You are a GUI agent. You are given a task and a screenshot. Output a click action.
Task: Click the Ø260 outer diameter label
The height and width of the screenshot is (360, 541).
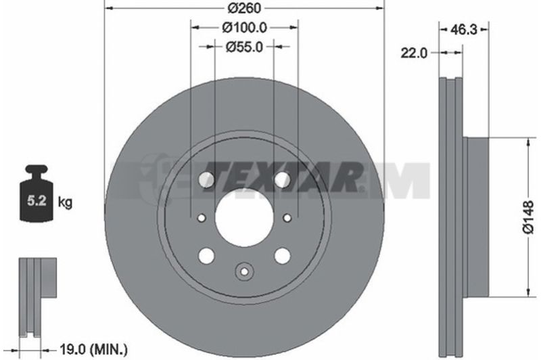tap(245, 7)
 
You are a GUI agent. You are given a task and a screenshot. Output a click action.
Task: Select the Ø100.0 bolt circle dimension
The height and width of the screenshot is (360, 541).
tap(245, 27)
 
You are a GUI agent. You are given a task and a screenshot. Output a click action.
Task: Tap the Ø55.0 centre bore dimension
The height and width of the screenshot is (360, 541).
tap(244, 47)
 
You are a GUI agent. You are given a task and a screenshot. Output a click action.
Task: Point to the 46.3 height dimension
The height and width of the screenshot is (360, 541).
tap(464, 30)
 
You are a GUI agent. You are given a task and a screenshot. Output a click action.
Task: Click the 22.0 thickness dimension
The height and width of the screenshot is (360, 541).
tap(414, 53)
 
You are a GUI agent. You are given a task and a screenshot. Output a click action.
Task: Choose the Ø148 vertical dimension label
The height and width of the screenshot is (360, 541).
tap(529, 218)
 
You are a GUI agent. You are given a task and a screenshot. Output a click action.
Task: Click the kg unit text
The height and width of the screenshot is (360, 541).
tap(65, 202)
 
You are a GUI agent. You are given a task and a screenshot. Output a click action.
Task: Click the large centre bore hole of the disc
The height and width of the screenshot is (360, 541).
tap(244, 218)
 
